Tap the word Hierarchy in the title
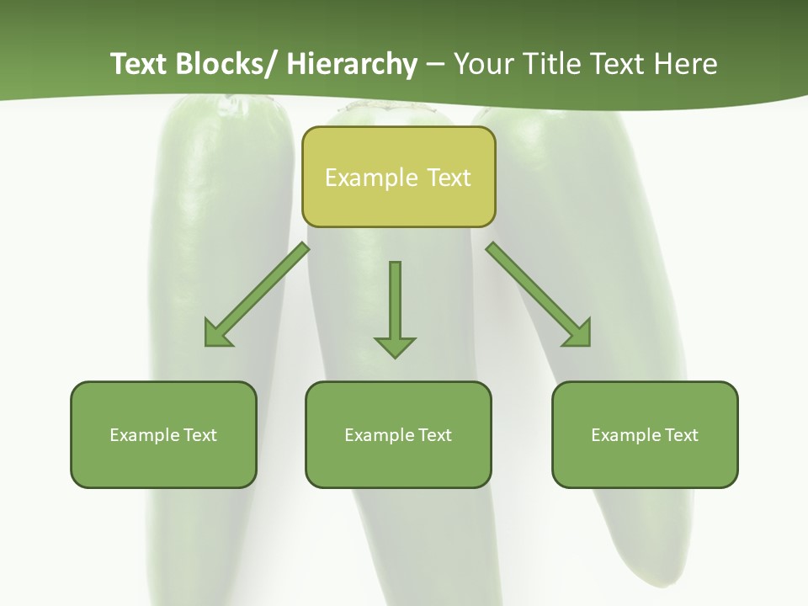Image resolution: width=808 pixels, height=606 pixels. click(x=352, y=64)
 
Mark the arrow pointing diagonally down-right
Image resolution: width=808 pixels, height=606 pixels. click(x=539, y=295)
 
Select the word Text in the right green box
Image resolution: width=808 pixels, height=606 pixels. click(x=681, y=435)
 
